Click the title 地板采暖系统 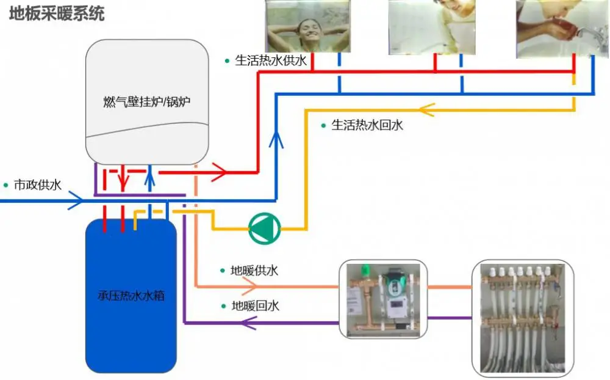(57, 13)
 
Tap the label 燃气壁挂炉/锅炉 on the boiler (146, 102)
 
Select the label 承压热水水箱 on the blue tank (131, 296)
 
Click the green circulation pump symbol (265, 228)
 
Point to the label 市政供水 (38, 185)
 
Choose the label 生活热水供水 (271, 61)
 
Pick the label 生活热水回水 (367, 125)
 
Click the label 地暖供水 (254, 271)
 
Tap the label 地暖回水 (255, 306)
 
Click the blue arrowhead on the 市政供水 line (76, 201)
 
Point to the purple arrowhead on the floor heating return (249, 323)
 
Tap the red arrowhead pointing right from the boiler (219, 172)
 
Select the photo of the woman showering (307, 26)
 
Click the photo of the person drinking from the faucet (562, 29)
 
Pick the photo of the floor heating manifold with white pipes (523, 318)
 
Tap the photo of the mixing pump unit (383, 299)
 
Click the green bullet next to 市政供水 (6, 185)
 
